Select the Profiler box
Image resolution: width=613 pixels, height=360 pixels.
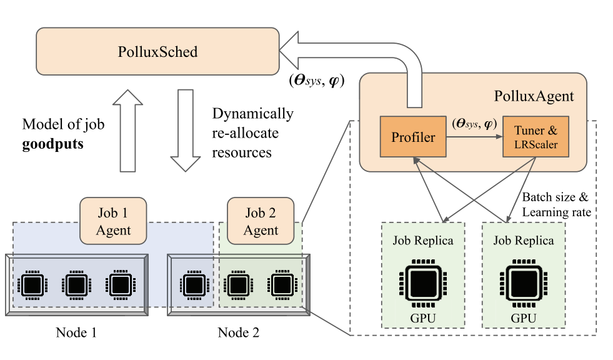coord(413,136)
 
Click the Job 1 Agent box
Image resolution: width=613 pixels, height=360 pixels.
coord(113,221)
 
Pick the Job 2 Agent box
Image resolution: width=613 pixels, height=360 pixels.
coord(261,221)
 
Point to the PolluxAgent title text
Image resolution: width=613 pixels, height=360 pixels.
coord(534,97)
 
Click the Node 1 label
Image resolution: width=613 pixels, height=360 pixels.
coord(76,332)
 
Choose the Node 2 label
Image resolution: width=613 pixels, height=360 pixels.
coord(238,332)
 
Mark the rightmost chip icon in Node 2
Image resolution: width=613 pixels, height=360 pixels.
coord(279,285)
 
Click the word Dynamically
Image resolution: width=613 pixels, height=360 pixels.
coord(252,114)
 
